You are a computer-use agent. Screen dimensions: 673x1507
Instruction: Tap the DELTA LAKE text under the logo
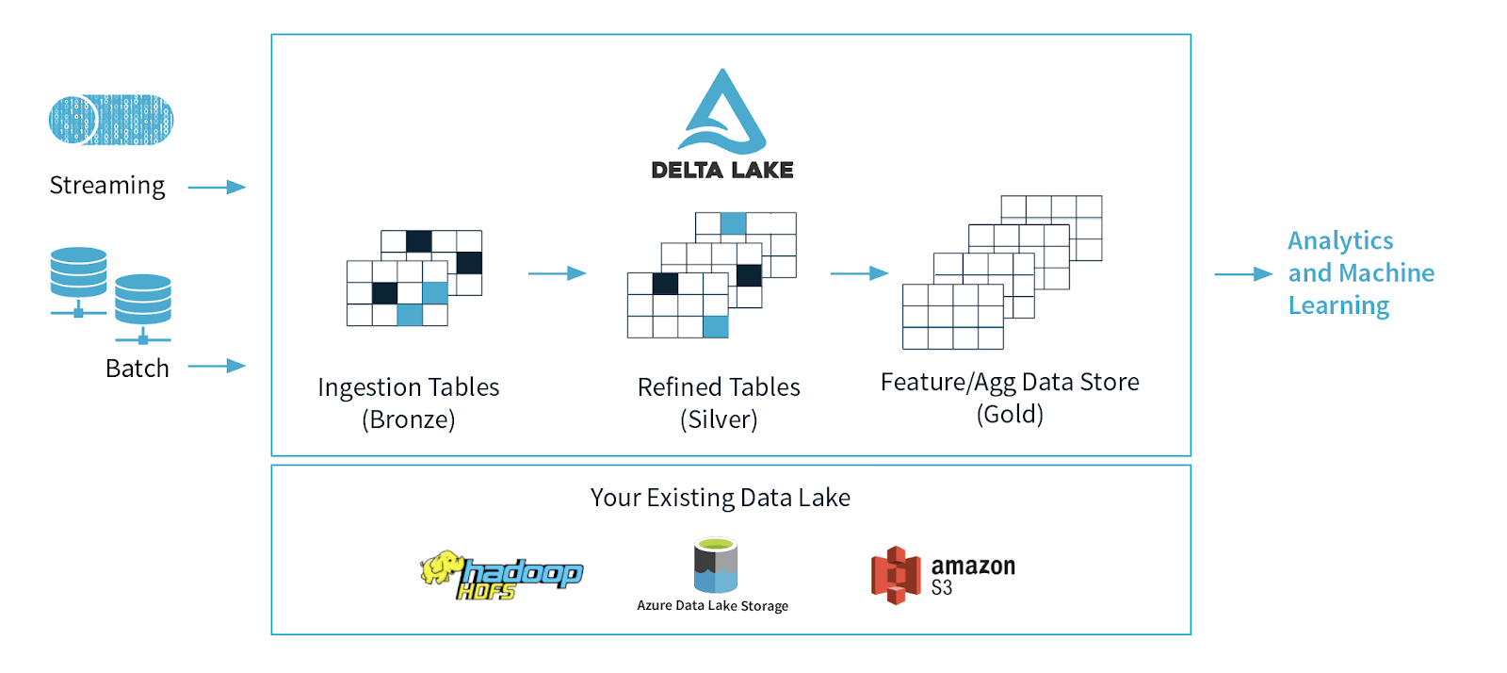click(722, 171)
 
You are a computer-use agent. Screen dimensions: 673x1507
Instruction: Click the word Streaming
click(107, 186)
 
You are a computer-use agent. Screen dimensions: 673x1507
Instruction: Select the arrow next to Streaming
click(217, 188)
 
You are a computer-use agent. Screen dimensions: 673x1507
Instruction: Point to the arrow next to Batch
click(217, 366)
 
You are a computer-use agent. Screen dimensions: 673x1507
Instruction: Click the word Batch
click(138, 369)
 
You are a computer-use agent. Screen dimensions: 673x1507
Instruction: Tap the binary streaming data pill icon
click(111, 120)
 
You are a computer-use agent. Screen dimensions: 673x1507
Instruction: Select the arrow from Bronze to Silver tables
click(557, 273)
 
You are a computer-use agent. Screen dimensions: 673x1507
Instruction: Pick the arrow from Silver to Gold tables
click(859, 273)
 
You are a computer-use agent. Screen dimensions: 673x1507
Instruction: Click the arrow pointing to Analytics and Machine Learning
click(1243, 274)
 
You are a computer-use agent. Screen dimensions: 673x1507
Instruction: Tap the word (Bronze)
click(409, 419)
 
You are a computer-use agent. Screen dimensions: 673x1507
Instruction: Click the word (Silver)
click(719, 419)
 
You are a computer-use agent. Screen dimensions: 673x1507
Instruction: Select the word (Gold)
click(1010, 414)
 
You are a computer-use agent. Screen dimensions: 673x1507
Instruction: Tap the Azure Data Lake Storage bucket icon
click(715, 565)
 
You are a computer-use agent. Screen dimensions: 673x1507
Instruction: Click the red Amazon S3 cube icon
click(895, 574)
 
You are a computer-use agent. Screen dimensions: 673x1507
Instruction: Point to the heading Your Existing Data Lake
click(721, 498)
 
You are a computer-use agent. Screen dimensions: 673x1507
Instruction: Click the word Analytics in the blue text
click(1340, 241)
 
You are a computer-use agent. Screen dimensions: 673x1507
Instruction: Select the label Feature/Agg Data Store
click(1010, 382)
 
